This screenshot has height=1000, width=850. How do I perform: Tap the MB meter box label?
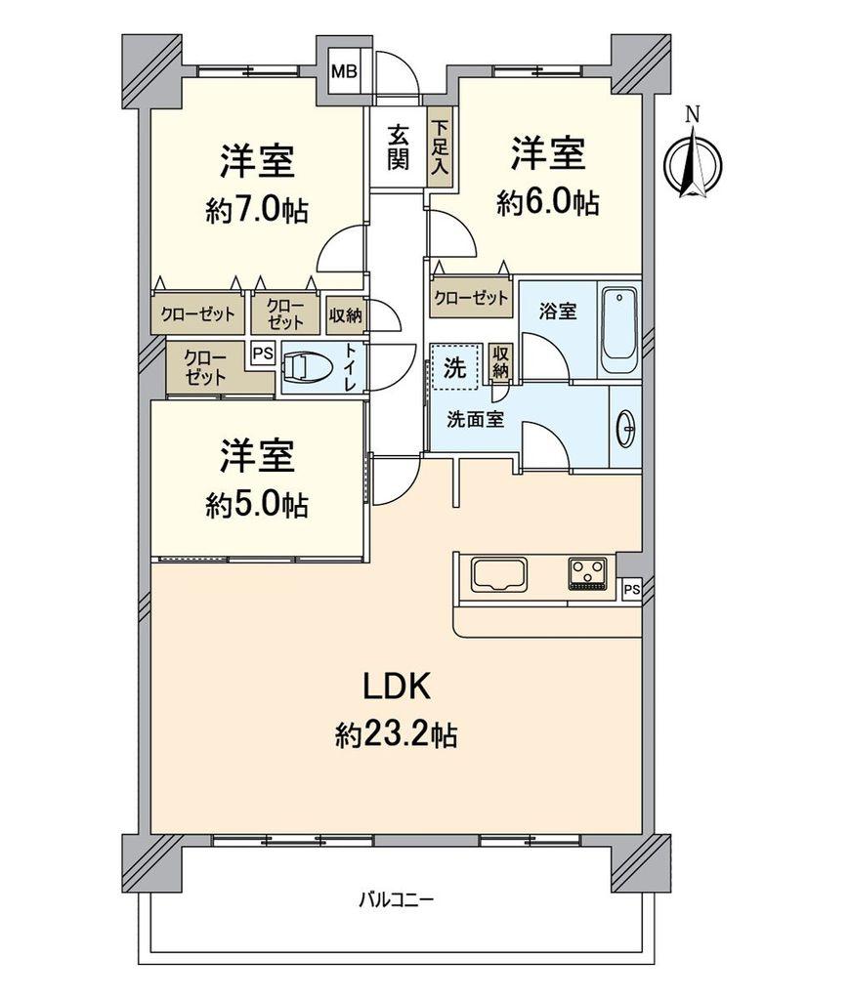point(344,70)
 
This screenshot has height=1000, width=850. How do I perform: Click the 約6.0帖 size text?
point(547,202)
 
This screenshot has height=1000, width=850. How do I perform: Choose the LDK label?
point(397,687)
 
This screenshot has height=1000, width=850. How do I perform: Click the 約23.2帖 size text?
point(397,733)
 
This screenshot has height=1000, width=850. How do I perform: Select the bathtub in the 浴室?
point(619,330)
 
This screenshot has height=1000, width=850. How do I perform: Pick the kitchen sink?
point(499,574)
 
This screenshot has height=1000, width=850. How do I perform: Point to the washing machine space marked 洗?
point(456,368)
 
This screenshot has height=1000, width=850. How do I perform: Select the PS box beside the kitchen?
point(630,589)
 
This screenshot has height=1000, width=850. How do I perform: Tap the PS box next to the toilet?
point(263,354)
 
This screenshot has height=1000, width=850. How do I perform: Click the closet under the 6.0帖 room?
point(471,298)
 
